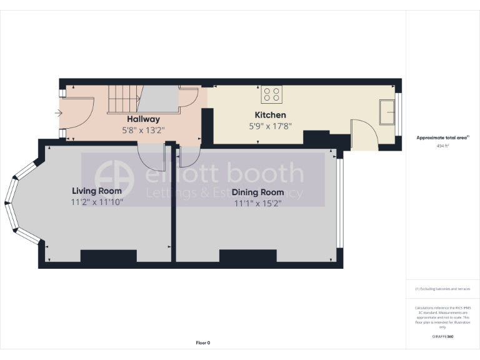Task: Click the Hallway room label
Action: coord(143,119)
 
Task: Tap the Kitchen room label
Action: coord(270,115)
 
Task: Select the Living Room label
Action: coord(96,191)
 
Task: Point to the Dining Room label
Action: coord(257,192)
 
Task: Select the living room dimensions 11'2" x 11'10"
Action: coord(97,202)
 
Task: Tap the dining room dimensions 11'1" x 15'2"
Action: coord(258,204)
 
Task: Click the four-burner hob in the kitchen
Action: coord(272,94)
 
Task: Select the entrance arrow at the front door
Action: coord(59,113)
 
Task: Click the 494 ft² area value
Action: coord(442,146)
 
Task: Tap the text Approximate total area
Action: coord(442,137)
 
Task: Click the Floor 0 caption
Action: coord(203,342)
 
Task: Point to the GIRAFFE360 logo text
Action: coord(442,337)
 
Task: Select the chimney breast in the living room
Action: coord(109,256)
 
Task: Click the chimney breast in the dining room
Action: coord(247,256)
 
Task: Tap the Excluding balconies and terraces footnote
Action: coord(442,289)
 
